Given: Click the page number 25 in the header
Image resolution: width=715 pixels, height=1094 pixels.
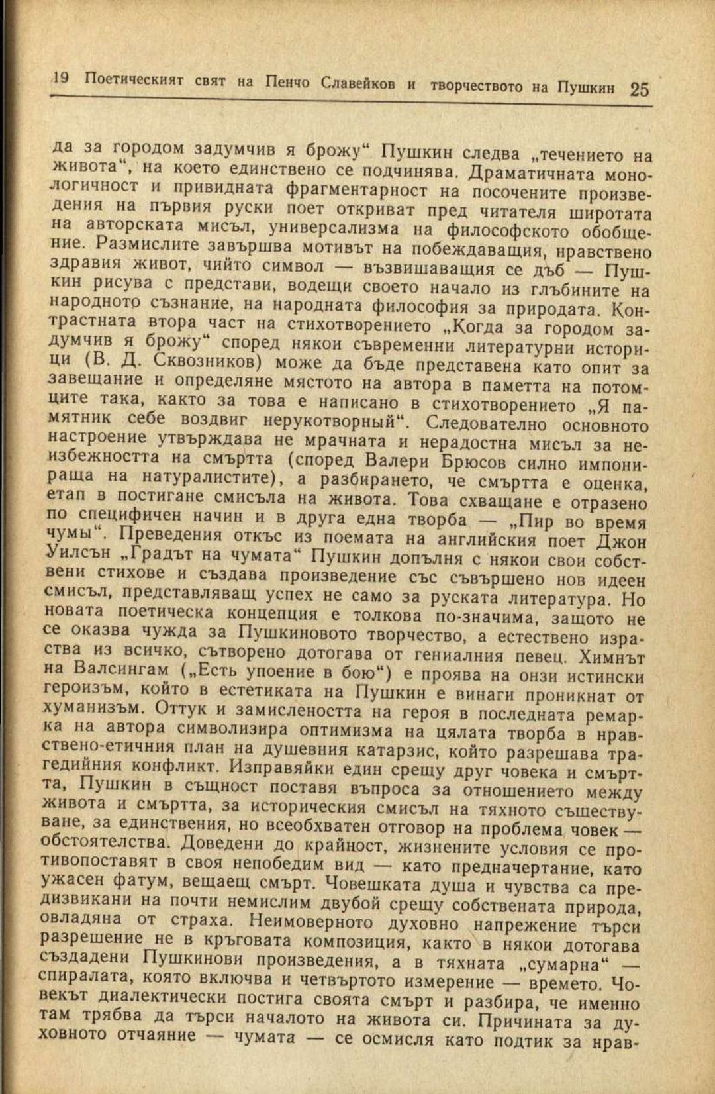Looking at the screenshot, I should pos(640,89).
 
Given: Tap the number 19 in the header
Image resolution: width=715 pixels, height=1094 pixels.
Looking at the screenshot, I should pos(60,78).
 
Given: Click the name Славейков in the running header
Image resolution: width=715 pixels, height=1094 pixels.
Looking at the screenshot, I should pos(358,83).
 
